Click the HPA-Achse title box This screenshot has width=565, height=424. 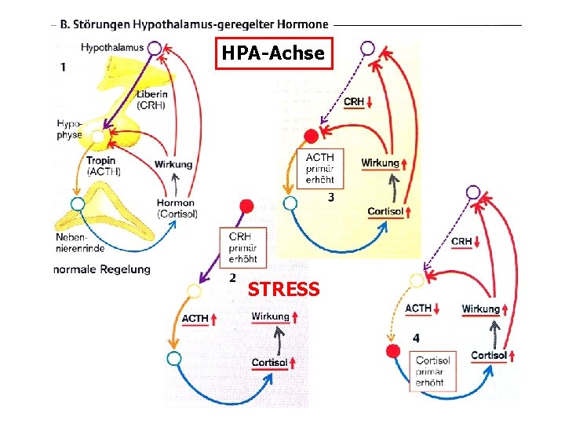point(274,53)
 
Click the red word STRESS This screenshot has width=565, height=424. point(284,289)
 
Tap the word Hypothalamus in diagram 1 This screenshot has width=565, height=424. point(112,47)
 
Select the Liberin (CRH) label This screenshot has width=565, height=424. point(151,99)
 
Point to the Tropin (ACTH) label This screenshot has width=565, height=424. point(101,166)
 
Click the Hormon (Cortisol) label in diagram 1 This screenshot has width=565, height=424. point(177,208)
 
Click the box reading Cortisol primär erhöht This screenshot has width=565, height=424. point(434,371)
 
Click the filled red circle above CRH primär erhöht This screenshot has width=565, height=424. point(247,207)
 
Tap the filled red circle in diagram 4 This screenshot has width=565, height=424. point(394,351)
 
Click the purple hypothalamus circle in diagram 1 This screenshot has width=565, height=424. point(155,49)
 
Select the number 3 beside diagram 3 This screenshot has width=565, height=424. point(331,197)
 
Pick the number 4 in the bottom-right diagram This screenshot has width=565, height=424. point(415,338)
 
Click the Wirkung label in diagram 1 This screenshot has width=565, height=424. point(173,164)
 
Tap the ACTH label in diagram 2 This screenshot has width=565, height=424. point(194,318)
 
